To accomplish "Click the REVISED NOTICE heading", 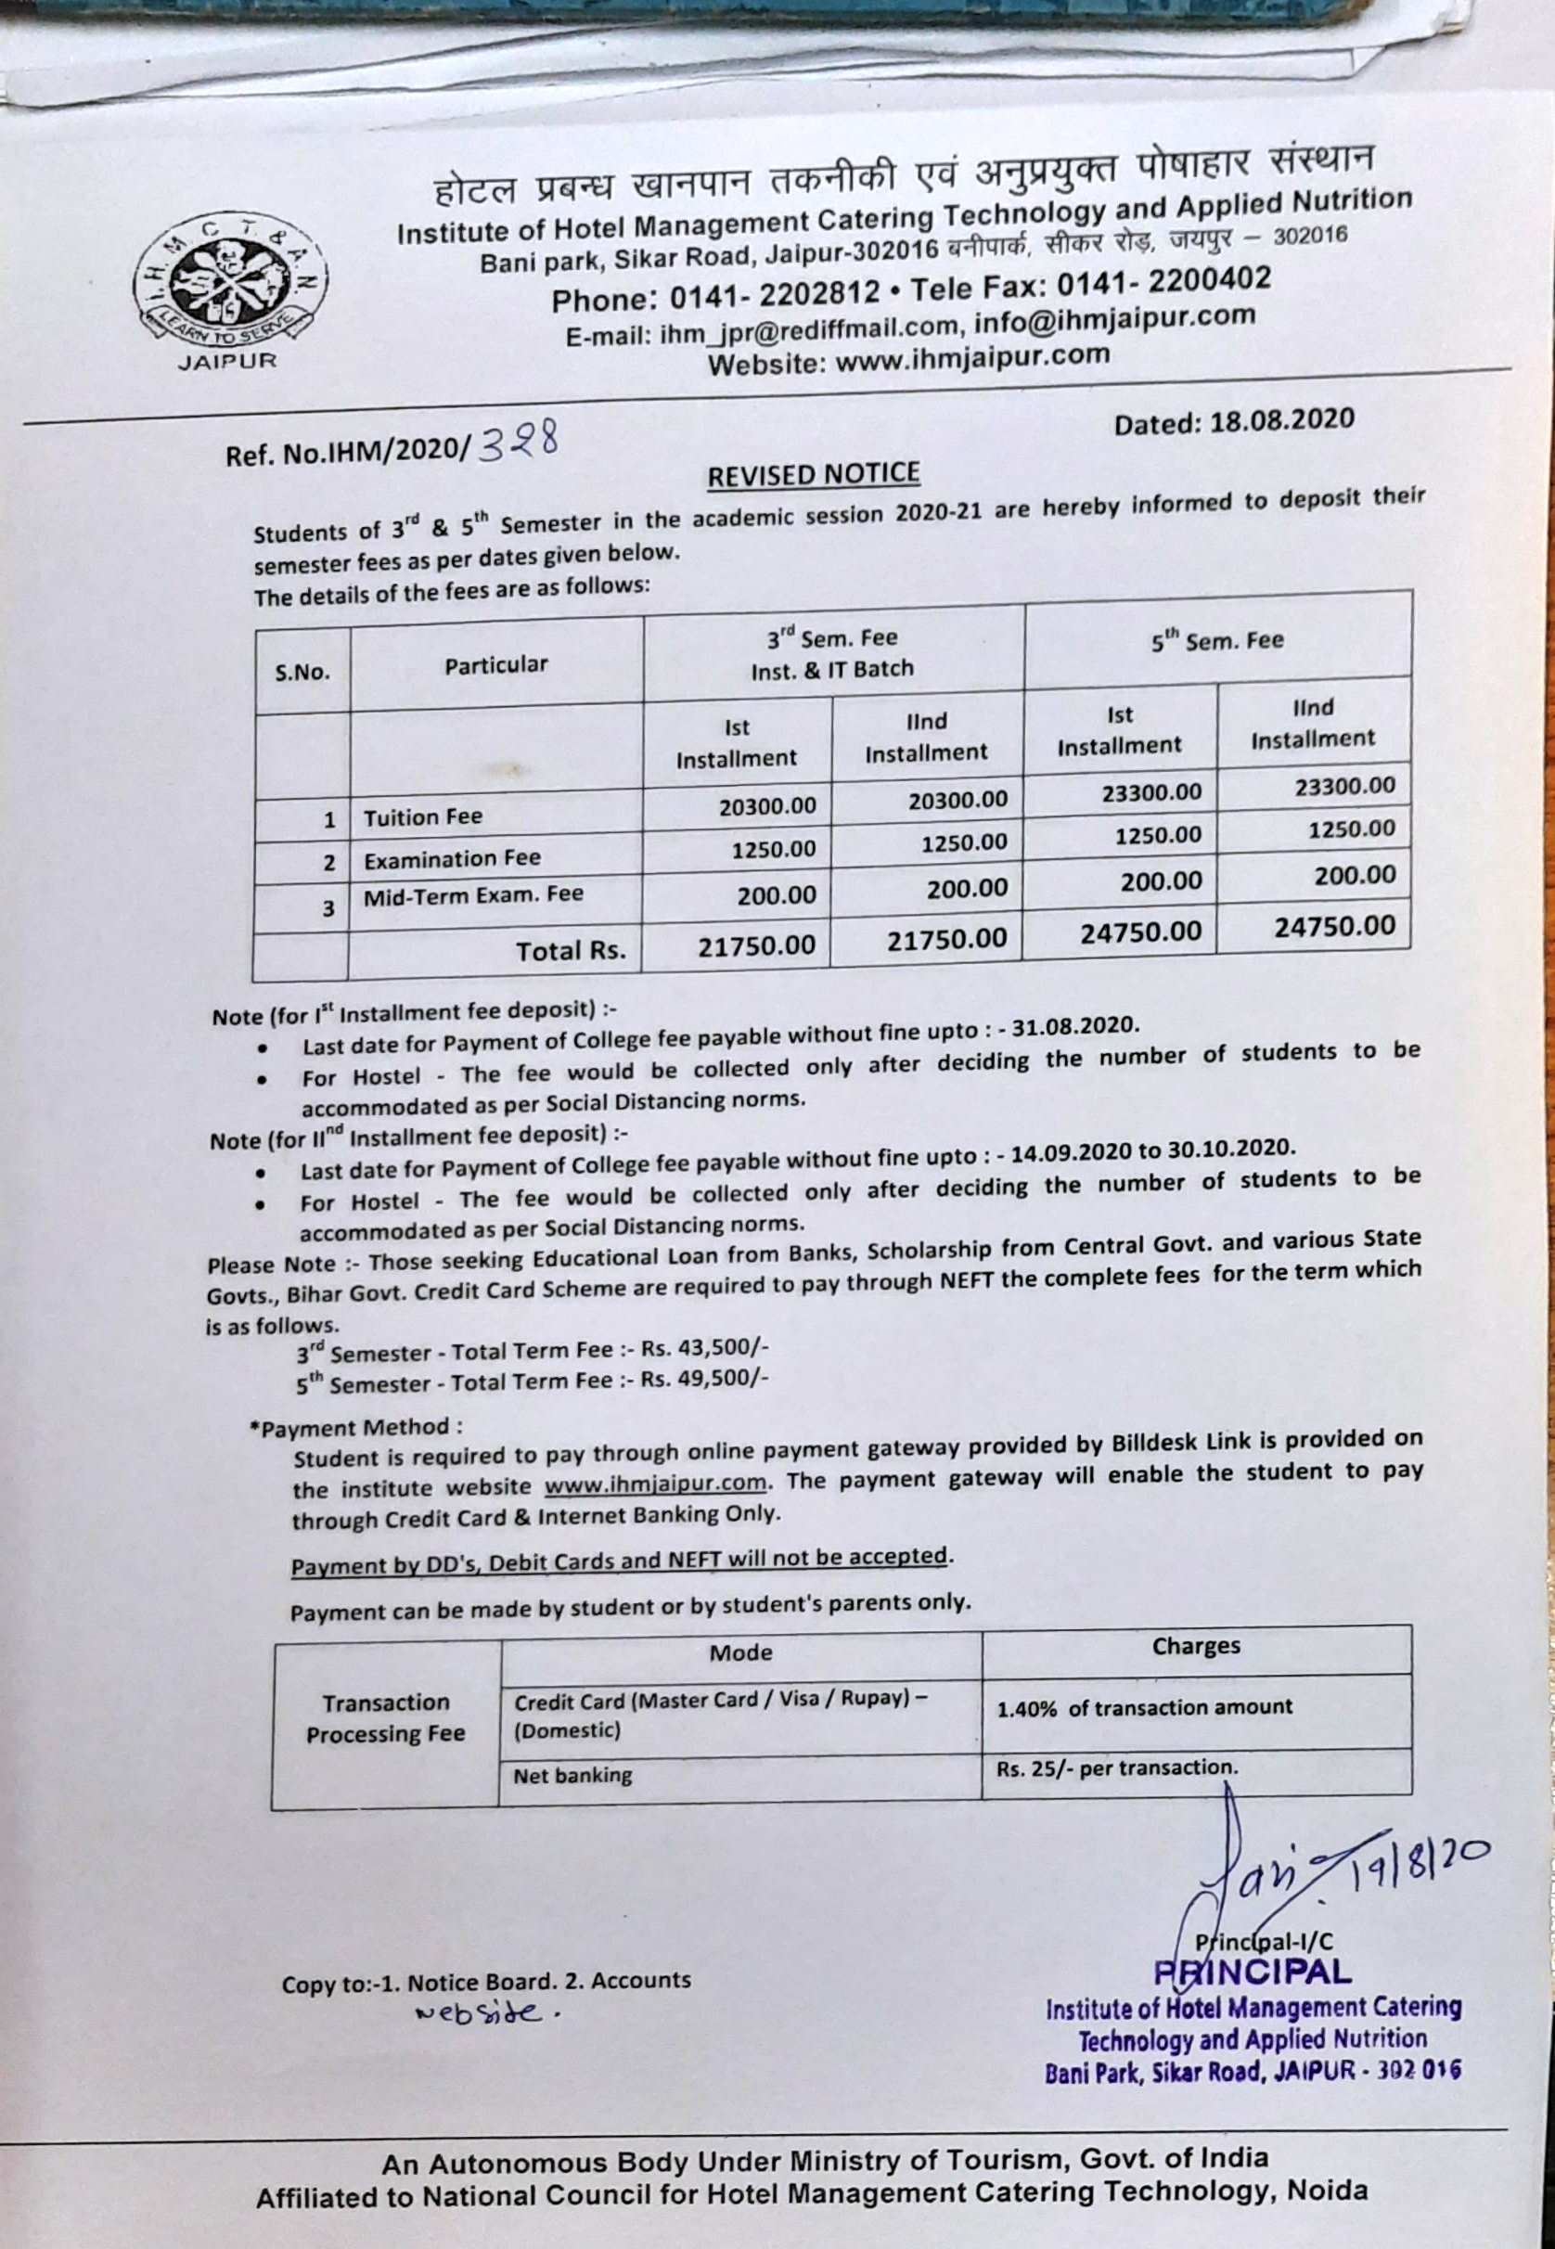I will (x=813, y=475).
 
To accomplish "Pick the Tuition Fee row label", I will (x=423, y=817).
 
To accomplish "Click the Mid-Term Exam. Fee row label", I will (x=473, y=896).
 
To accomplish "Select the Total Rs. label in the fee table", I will (x=571, y=951).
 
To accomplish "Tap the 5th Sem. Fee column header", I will (x=1217, y=641).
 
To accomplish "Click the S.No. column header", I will (x=302, y=672).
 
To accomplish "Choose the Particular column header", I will (x=496, y=665).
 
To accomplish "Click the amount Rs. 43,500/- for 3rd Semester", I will (x=705, y=1349).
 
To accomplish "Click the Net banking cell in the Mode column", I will (x=572, y=1776).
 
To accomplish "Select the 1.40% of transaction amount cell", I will (x=1144, y=1707).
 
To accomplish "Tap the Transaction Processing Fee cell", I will (x=386, y=1718).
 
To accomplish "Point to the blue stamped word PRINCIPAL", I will (x=1253, y=1972).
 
